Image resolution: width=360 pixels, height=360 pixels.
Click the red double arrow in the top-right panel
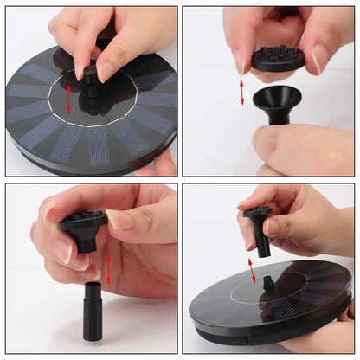pyautogui.click(x=241, y=90)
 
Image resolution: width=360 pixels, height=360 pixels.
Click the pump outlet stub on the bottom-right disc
pyautogui.click(x=268, y=286)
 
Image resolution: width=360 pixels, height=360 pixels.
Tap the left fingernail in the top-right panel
pyautogui.click(x=239, y=61)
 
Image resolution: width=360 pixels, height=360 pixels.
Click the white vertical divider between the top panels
pyautogui.click(x=179, y=87)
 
